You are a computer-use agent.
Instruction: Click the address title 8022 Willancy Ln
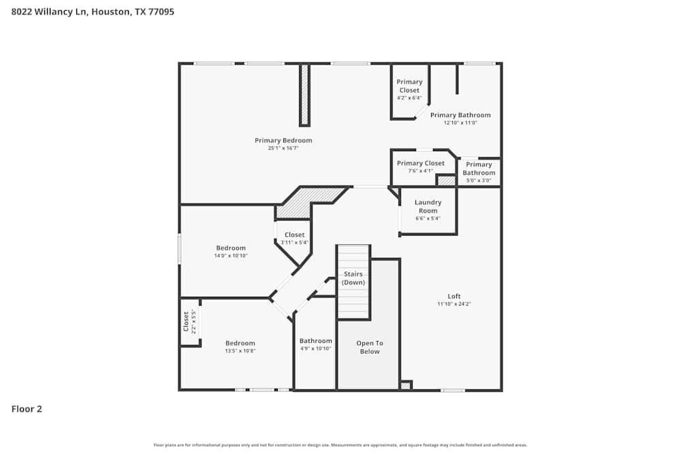click(x=93, y=12)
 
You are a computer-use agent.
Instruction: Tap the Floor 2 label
click(x=27, y=409)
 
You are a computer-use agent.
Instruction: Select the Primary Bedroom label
click(x=283, y=140)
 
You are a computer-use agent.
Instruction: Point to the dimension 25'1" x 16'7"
click(x=283, y=148)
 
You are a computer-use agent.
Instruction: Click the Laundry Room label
click(x=428, y=206)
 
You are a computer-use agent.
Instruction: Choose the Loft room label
click(x=454, y=296)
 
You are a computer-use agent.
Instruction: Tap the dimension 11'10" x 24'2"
click(x=454, y=304)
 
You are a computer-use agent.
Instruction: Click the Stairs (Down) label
click(x=353, y=278)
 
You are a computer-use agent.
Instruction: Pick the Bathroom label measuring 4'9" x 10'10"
click(x=316, y=341)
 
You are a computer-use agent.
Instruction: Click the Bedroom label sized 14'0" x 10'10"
click(x=231, y=248)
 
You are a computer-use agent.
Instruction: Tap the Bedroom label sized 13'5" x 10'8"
click(x=240, y=343)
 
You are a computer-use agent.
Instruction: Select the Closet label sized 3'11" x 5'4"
click(x=295, y=235)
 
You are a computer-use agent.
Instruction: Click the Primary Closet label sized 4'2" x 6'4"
click(x=409, y=86)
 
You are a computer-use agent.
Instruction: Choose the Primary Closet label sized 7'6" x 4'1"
click(x=420, y=163)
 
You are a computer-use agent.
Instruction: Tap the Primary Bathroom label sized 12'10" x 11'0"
click(x=460, y=115)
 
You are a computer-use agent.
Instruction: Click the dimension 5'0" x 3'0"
click(x=479, y=181)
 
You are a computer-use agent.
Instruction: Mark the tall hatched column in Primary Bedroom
click(x=304, y=95)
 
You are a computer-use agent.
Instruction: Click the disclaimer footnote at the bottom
click(x=340, y=445)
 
